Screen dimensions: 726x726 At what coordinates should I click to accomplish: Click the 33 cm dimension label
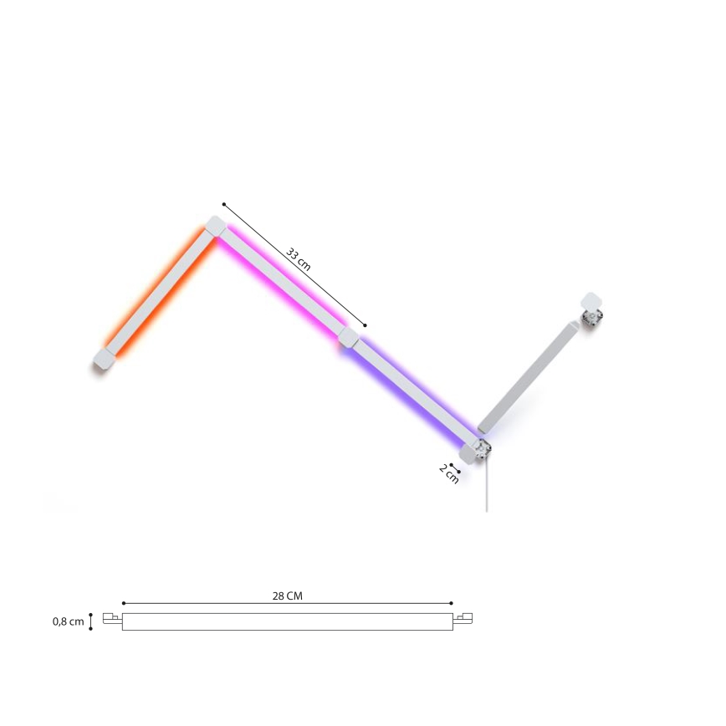pos(299,258)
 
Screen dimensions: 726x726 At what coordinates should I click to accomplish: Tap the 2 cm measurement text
pos(449,474)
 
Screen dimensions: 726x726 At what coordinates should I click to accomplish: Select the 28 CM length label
pos(288,596)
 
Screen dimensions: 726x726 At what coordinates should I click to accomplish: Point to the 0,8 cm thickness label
pos(68,621)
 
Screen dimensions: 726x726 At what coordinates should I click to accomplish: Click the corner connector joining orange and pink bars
pos(215,227)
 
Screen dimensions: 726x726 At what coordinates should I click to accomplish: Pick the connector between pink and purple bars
pos(349,338)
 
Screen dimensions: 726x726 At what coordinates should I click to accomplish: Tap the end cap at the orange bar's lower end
pos(104,360)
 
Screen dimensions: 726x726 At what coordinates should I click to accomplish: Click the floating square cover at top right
pos(591,301)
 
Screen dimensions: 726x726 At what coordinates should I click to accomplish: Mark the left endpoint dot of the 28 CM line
pos(124,603)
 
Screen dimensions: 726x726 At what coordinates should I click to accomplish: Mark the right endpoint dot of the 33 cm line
pos(366,325)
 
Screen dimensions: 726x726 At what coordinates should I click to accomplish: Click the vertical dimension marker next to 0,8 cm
pos(91,621)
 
